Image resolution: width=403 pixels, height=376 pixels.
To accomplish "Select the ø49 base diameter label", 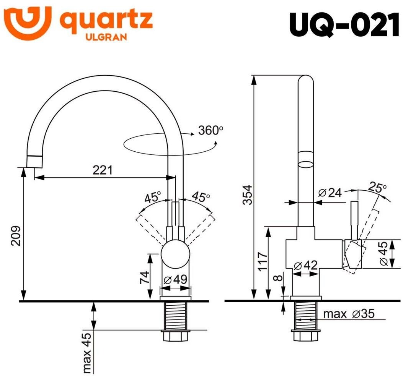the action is [176, 280].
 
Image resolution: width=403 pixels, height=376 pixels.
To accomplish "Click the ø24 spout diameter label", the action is [330, 193].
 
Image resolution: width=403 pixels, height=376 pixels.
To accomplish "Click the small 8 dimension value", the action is [279, 278].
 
